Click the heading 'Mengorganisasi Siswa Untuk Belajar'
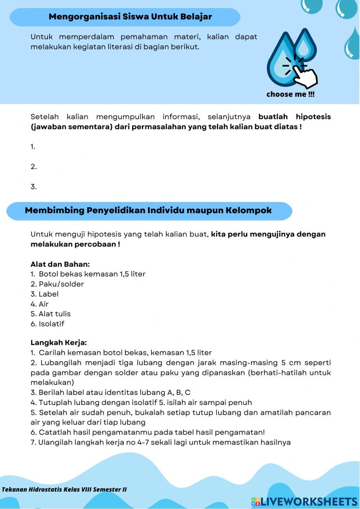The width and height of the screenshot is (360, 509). coord(130,17)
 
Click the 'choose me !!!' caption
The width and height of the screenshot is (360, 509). coord(290,94)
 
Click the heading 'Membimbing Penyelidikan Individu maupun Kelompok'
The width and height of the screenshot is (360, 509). coord(148,211)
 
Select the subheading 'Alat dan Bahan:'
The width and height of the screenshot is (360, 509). coord(60,264)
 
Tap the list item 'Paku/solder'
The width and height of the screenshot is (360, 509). coord(61,284)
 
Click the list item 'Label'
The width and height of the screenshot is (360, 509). coord(48,294)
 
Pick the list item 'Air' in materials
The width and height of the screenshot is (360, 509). coord(43,304)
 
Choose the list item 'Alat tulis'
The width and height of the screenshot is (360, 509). coord(54,314)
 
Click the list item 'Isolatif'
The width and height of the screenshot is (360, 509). coord(51,324)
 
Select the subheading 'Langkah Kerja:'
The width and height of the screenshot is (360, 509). coord(59,343)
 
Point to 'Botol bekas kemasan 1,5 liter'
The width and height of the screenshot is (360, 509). coord(92,274)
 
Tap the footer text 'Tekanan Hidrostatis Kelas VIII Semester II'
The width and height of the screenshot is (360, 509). coord(64,490)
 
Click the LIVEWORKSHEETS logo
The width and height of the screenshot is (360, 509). coord(304,502)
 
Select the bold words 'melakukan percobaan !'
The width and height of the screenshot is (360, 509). coord(75,244)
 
